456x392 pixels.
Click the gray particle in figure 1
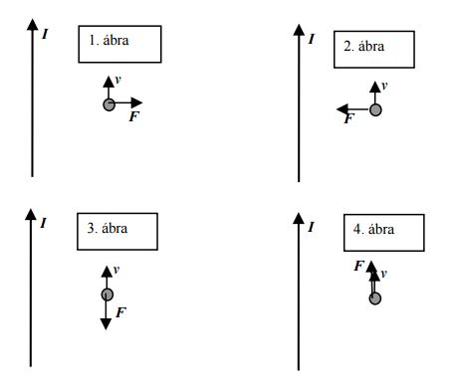pyautogui.click(x=109, y=104)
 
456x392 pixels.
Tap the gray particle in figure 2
pyautogui.click(x=375, y=109)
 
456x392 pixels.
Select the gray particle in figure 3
pyautogui.click(x=107, y=294)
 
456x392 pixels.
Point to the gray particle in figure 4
pyautogui.click(x=375, y=298)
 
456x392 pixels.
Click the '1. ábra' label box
pyautogui.click(x=119, y=44)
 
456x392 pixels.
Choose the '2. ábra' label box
pyautogui.click(x=374, y=50)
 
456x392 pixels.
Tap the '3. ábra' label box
pyautogui.click(x=117, y=232)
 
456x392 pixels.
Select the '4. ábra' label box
pyautogui.click(x=384, y=233)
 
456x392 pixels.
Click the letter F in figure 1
pyautogui.click(x=134, y=116)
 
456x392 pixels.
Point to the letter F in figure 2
pyautogui.click(x=349, y=118)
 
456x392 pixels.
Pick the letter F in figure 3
pyautogui.click(x=121, y=312)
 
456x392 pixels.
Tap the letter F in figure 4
pyautogui.click(x=359, y=266)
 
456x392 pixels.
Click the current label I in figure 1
pyautogui.click(x=45, y=34)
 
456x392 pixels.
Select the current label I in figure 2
pyautogui.click(x=311, y=39)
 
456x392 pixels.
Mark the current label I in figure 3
pyautogui.click(x=44, y=223)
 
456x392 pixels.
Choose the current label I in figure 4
pyautogui.click(x=311, y=227)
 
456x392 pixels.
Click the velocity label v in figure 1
pyautogui.click(x=117, y=80)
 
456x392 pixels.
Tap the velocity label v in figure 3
pyautogui.click(x=116, y=270)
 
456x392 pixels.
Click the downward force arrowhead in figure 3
pyautogui.click(x=106, y=323)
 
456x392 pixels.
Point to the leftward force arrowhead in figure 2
pyautogui.click(x=342, y=109)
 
